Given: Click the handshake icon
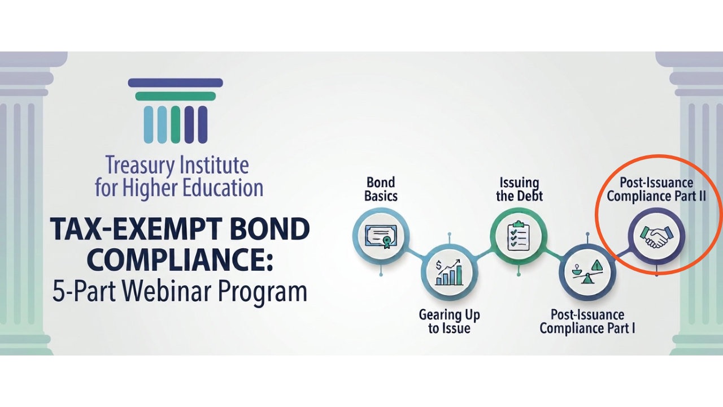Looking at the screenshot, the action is click(656, 237).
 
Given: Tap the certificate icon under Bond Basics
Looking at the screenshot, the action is click(381, 236).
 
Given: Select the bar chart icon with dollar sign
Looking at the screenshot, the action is click(449, 272).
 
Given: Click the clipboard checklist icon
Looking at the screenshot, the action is click(519, 236).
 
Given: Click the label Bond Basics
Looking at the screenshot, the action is click(381, 189).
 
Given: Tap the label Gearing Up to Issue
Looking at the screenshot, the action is click(449, 322).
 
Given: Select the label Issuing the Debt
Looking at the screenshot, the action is click(519, 189).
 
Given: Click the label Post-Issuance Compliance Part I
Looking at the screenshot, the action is click(587, 322).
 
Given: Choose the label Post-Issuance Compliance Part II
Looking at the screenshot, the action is click(656, 189).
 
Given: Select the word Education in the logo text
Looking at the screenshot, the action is click(223, 188).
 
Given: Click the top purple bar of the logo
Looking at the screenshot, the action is click(175, 83).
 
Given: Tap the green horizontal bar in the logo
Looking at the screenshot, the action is click(175, 96).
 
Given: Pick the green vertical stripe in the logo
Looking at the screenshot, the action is click(175, 125).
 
